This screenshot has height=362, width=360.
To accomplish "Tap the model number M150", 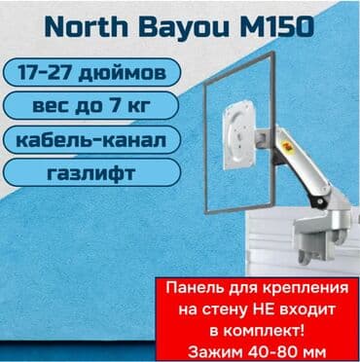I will point(275,26).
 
